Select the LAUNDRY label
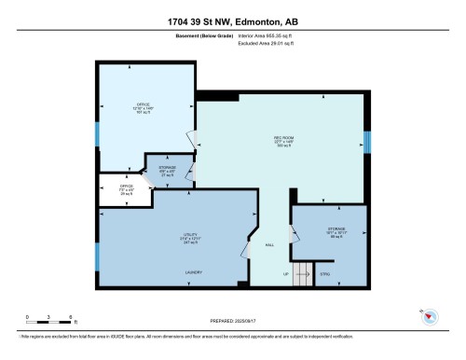coord(194,272)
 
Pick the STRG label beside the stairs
coord(325,274)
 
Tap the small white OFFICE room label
coord(126,187)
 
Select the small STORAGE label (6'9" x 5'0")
coord(168,168)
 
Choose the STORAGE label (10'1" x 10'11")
coord(336,229)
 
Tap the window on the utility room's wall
coord(97,256)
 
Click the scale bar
coord(50,321)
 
